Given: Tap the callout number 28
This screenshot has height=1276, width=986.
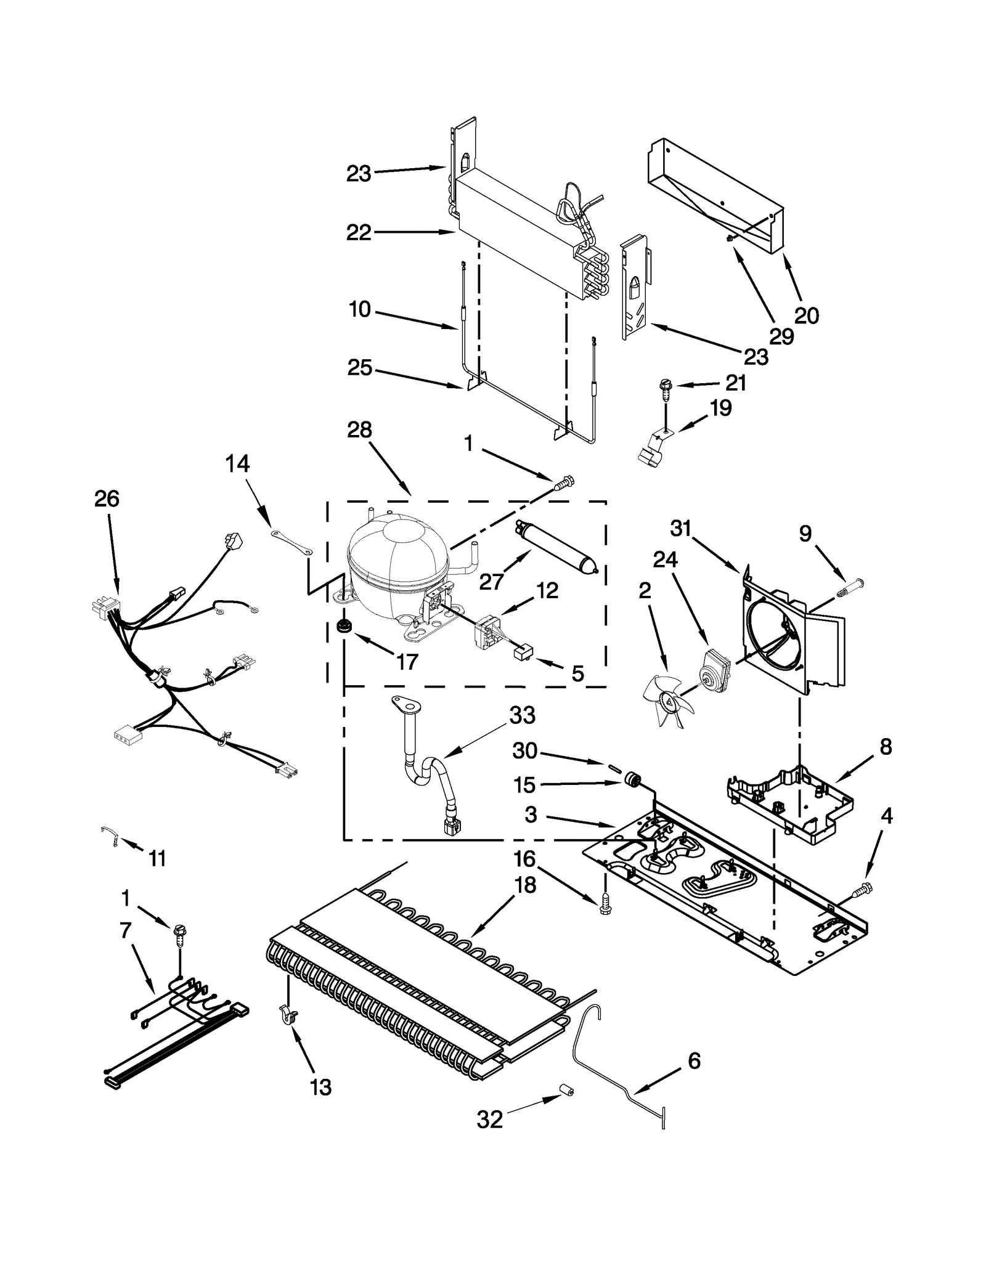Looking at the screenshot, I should click(359, 429).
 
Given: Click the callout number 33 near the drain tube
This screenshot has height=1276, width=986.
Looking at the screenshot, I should click(522, 716).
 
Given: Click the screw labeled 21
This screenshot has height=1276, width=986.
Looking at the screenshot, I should click(666, 387).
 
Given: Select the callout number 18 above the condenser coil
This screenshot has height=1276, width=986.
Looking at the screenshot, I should click(526, 885).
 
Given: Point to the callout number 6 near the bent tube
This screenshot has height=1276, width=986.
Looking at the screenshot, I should click(693, 1061).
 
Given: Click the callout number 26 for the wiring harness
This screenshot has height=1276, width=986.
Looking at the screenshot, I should click(107, 498).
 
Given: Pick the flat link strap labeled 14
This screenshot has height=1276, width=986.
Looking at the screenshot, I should click(291, 541).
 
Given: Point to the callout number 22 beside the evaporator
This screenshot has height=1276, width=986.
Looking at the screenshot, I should click(359, 232).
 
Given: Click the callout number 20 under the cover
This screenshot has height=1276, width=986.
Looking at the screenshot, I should click(806, 315).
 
